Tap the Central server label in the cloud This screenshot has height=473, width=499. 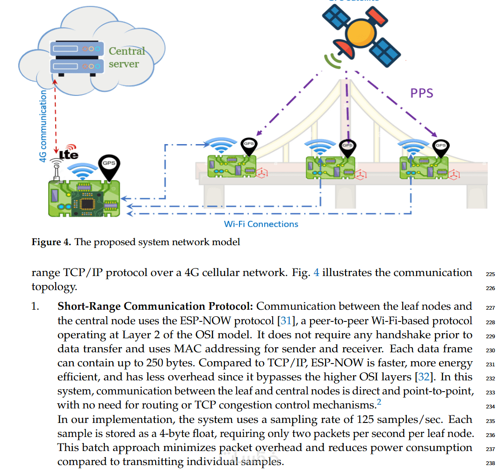point(127,57)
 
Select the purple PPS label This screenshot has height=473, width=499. point(422,93)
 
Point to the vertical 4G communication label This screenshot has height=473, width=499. point(43,126)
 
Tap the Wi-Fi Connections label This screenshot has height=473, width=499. point(261,224)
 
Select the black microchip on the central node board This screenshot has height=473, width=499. point(88,202)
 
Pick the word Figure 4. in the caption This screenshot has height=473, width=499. point(51,242)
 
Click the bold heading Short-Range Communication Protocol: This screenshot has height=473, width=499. point(155,306)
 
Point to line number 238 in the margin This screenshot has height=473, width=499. point(490,464)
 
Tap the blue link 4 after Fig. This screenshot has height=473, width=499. point(317,273)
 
